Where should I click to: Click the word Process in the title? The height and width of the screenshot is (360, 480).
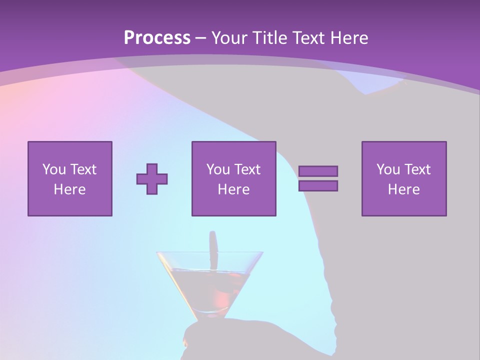[157, 38]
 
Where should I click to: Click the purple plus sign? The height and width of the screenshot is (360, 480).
[152, 178]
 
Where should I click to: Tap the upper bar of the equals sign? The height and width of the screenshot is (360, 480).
[318, 171]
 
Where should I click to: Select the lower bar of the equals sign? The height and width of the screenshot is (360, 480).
[318, 185]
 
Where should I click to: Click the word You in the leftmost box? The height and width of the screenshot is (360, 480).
[54, 169]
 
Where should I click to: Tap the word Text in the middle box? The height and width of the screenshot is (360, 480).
[247, 169]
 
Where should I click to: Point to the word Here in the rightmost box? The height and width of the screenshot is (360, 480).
[403, 189]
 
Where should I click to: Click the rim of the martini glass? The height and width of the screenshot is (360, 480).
[210, 252]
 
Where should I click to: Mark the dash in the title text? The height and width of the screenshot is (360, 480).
[200, 38]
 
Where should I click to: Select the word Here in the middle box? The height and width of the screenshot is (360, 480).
[233, 189]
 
